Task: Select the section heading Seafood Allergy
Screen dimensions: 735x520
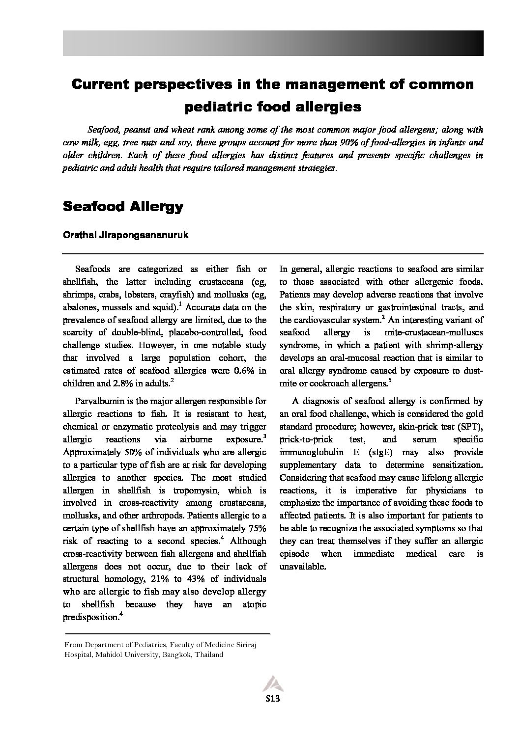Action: tap(123, 206)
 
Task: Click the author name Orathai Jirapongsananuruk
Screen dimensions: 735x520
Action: tap(125, 235)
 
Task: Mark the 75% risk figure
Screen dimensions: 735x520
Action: tap(256, 528)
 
